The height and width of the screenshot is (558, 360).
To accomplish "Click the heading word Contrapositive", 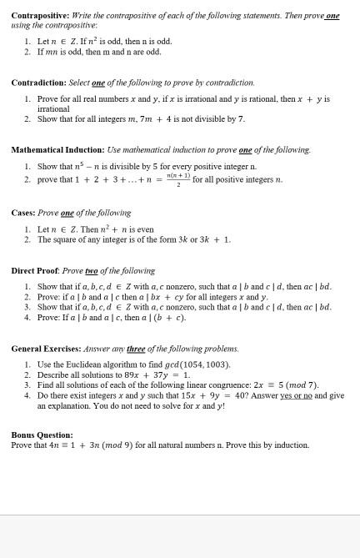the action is tap(39, 15).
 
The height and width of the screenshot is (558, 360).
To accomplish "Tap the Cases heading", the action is tap(22, 213).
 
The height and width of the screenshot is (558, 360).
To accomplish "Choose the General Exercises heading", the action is tap(46, 349).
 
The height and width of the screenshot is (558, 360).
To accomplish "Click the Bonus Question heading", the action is tap(42, 435).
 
